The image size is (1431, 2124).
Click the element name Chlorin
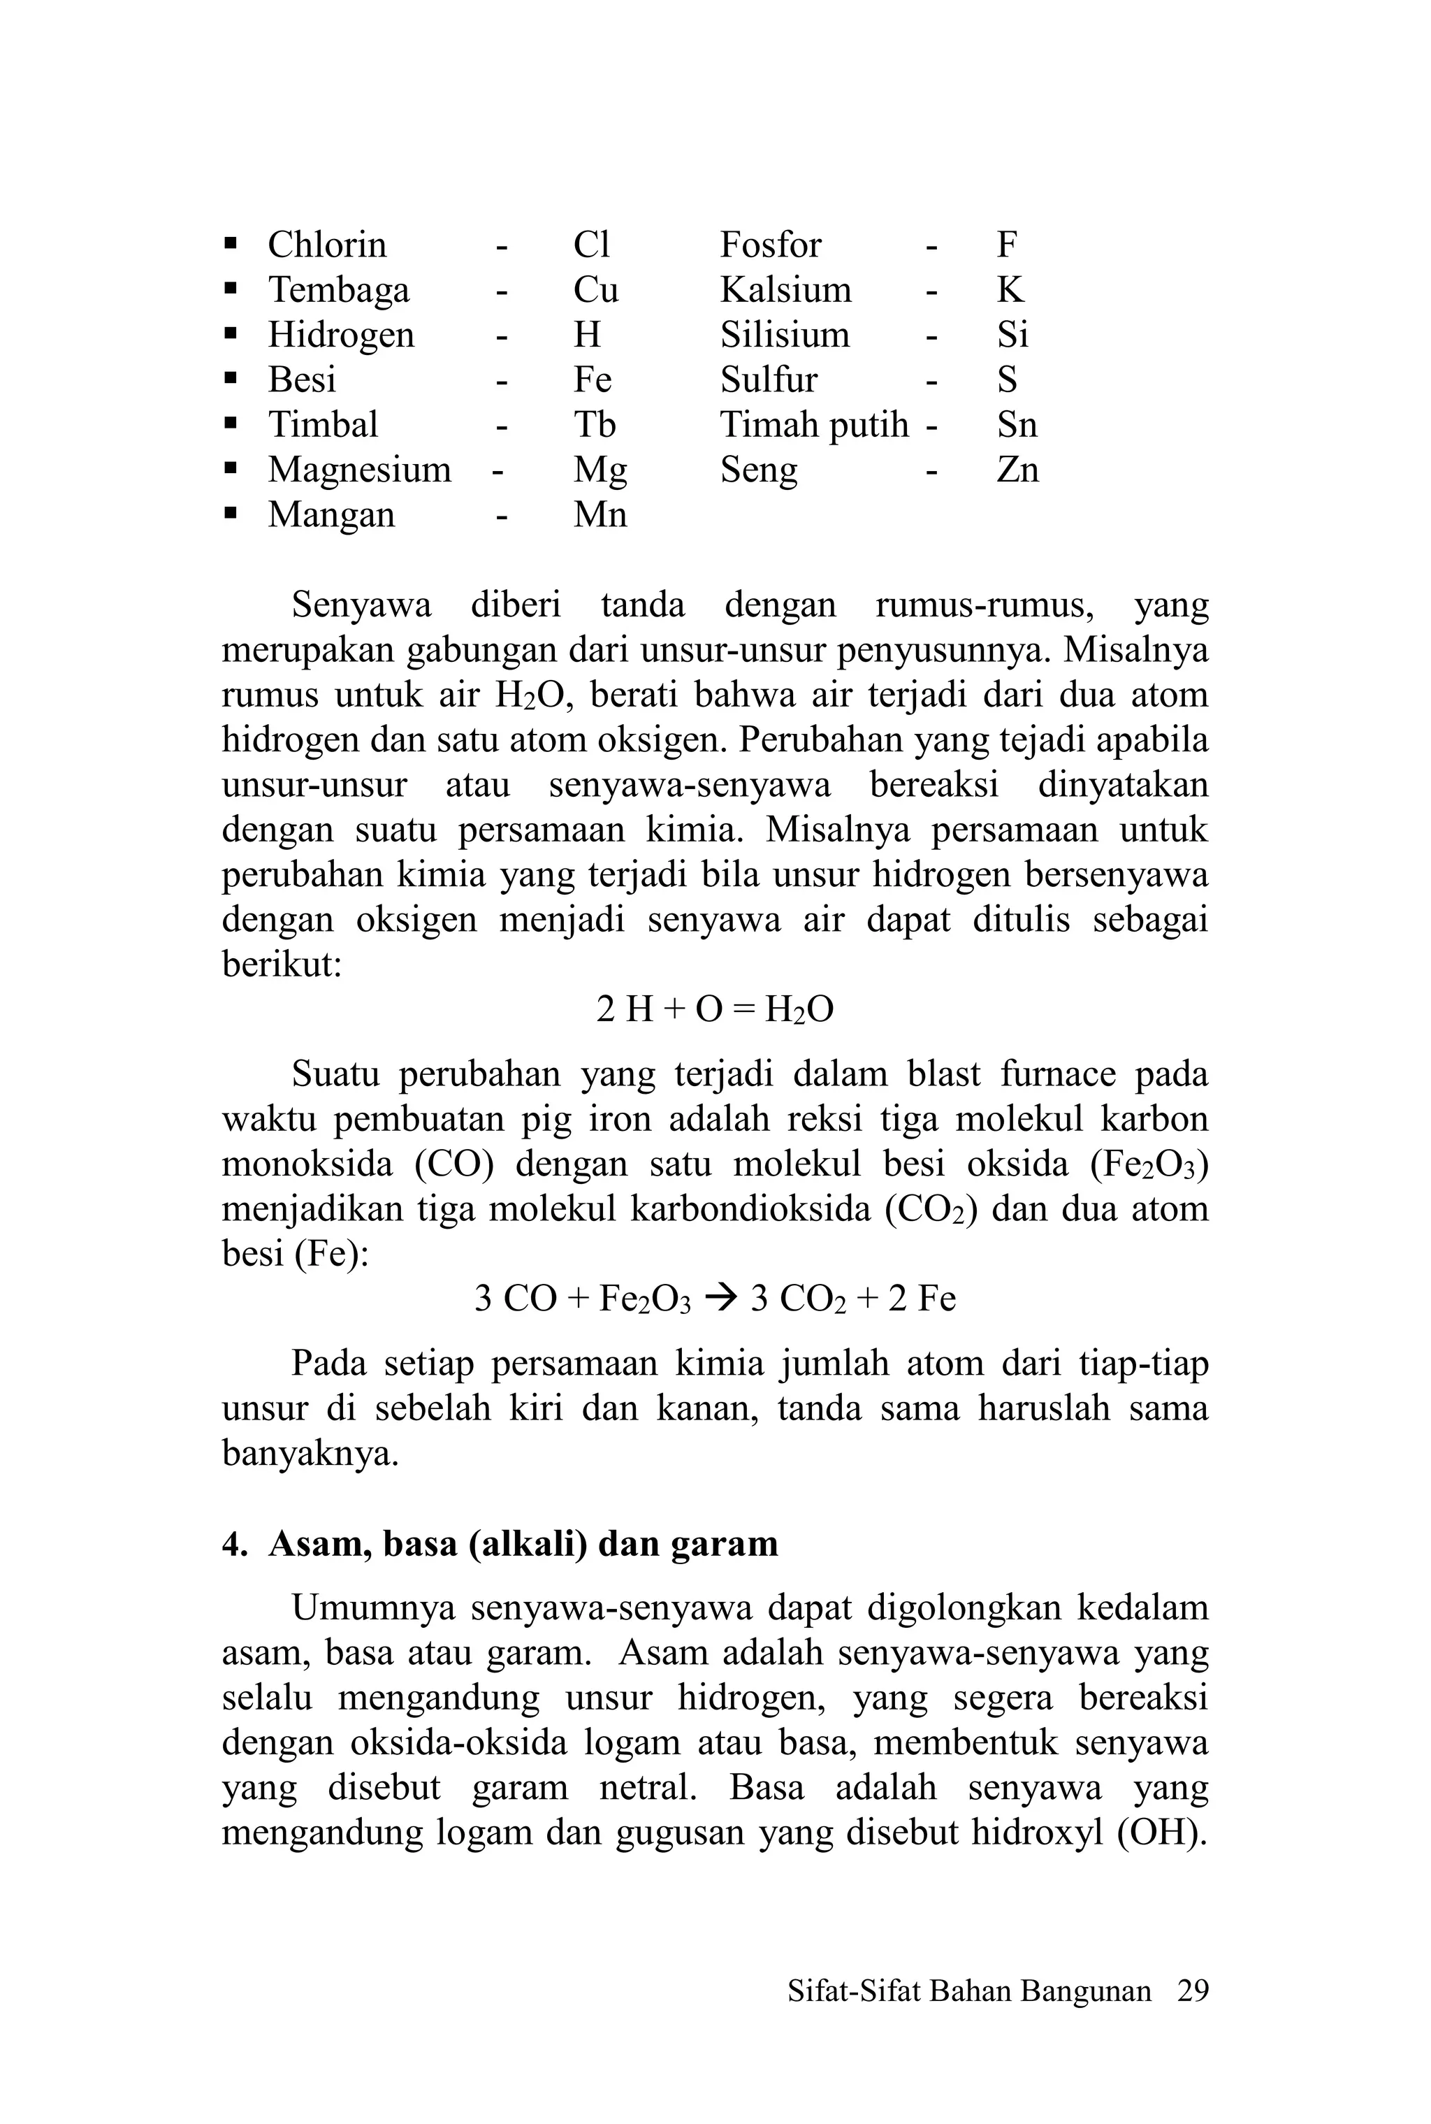point(327,245)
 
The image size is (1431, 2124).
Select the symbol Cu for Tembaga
point(595,290)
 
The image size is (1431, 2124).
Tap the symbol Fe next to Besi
point(593,380)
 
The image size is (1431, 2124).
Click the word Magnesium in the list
point(360,470)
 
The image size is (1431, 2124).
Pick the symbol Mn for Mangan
point(600,515)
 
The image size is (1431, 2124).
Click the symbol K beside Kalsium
point(1010,290)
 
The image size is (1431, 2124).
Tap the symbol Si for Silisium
point(1012,335)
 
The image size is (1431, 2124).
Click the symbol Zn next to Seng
point(1017,470)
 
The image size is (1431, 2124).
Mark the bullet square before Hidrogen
point(231,335)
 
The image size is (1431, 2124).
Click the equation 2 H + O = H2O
point(715,1009)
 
